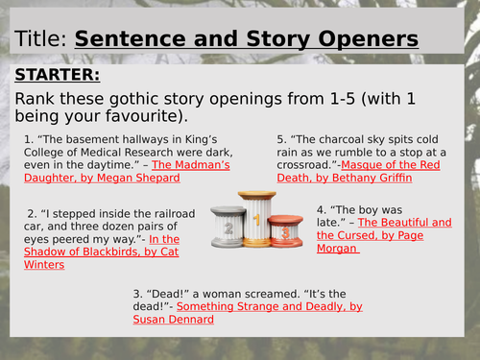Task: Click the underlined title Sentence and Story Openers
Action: point(247,39)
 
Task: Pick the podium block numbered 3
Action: point(284,230)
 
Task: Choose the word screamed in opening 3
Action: point(260,293)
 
